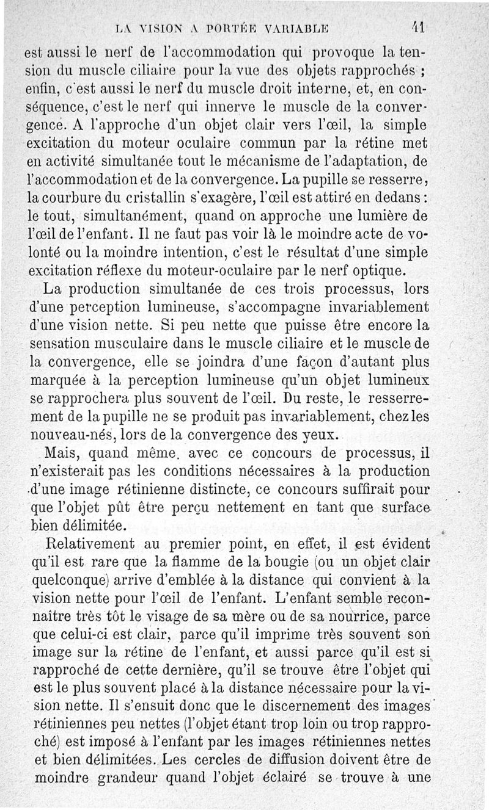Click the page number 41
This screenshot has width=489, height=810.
[x=419, y=28]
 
